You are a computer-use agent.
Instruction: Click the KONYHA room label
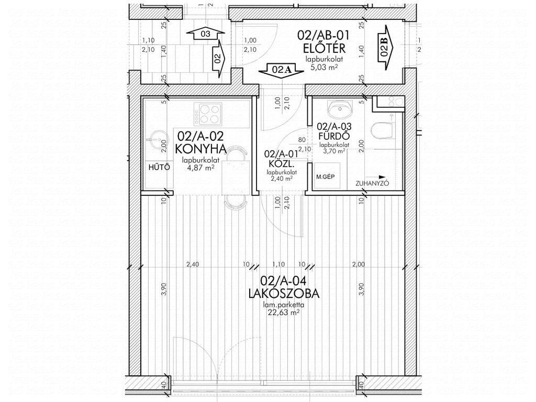(200, 149)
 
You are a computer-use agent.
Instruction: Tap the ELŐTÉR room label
(324, 48)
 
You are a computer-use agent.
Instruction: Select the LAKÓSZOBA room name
(284, 293)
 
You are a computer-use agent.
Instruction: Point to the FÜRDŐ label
(334, 136)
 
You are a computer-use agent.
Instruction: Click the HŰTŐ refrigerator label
(159, 167)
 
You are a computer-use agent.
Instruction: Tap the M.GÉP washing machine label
(326, 177)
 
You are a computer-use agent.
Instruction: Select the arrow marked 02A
(281, 71)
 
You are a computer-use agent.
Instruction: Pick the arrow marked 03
(205, 34)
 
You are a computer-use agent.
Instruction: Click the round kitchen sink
(158, 139)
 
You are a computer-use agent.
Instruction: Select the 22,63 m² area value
(281, 312)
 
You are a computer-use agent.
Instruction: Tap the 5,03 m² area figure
(324, 68)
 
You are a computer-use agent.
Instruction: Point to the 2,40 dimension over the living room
(193, 264)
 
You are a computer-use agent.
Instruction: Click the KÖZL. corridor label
(281, 164)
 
